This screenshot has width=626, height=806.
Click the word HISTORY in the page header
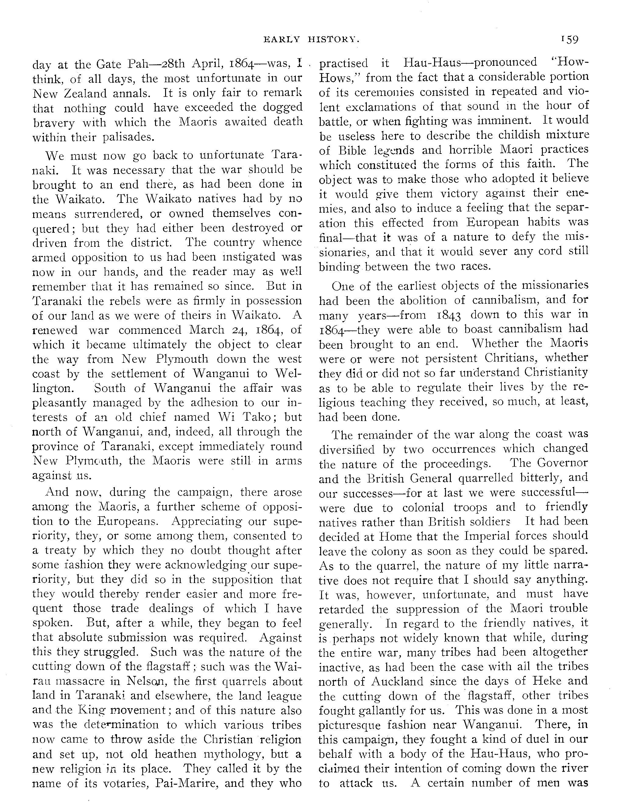point(334,40)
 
